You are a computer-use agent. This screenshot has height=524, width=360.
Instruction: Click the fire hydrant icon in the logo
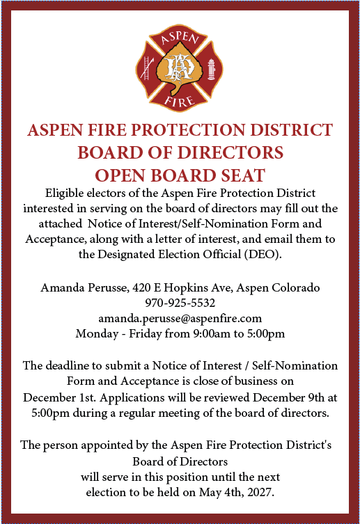pyautogui.click(x=212, y=70)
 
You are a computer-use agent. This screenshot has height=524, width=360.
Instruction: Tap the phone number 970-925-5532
pyautogui.click(x=180, y=303)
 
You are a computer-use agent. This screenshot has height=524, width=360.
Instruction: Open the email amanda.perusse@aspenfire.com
pyautogui.click(x=180, y=318)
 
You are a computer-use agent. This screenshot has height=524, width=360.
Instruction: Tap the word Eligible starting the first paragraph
pyautogui.click(x=68, y=192)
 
